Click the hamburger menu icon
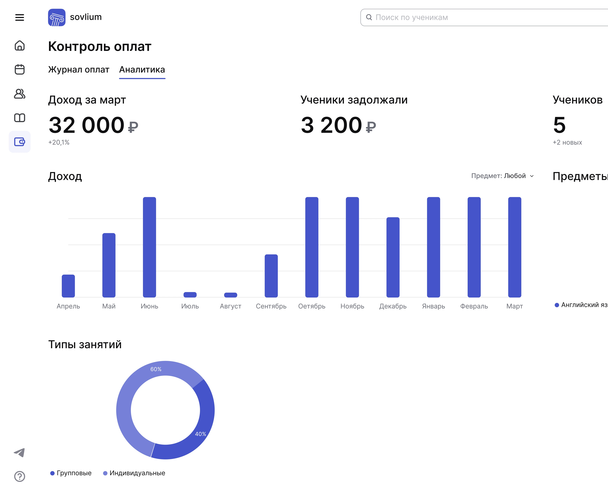20,17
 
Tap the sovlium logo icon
57,17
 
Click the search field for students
483,17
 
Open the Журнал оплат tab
79,70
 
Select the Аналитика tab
142,70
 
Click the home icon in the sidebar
20,46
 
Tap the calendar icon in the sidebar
20,69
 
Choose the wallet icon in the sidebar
20,142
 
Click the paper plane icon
20,453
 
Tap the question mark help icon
20,476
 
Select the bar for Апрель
68,286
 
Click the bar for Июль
190,295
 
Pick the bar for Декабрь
393,257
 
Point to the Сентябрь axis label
271,306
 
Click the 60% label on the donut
156,369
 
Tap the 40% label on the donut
200,434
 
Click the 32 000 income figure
87,125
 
